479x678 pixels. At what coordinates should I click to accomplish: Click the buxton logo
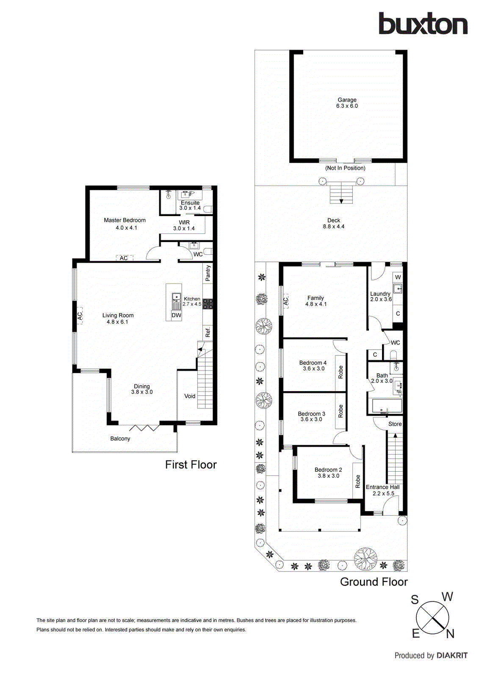423,23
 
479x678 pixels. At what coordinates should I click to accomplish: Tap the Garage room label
347,100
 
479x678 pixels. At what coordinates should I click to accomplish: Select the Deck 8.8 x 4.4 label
334,223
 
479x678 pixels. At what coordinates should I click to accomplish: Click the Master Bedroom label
125,220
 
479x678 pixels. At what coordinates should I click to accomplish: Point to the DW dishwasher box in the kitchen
176,315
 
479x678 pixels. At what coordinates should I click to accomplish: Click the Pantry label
208,273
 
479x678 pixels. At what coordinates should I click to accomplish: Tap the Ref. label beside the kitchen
208,332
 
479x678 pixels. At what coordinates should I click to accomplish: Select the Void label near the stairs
190,396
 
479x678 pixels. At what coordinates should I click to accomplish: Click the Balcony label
120,439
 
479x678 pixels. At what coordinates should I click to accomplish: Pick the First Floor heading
191,465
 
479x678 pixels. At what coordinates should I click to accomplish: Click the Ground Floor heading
374,582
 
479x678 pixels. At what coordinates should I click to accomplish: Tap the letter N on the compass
450,634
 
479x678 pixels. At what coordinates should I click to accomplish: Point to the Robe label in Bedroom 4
341,372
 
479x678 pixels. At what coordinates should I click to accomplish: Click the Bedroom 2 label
328,470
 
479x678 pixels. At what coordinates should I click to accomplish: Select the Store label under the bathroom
395,424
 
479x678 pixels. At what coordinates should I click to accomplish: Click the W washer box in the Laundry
398,277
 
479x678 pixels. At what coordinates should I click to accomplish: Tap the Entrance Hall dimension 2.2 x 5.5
383,493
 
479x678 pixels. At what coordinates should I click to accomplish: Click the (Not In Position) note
345,168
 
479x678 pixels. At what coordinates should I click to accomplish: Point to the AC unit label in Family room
285,301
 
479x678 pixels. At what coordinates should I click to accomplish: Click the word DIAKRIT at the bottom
452,656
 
